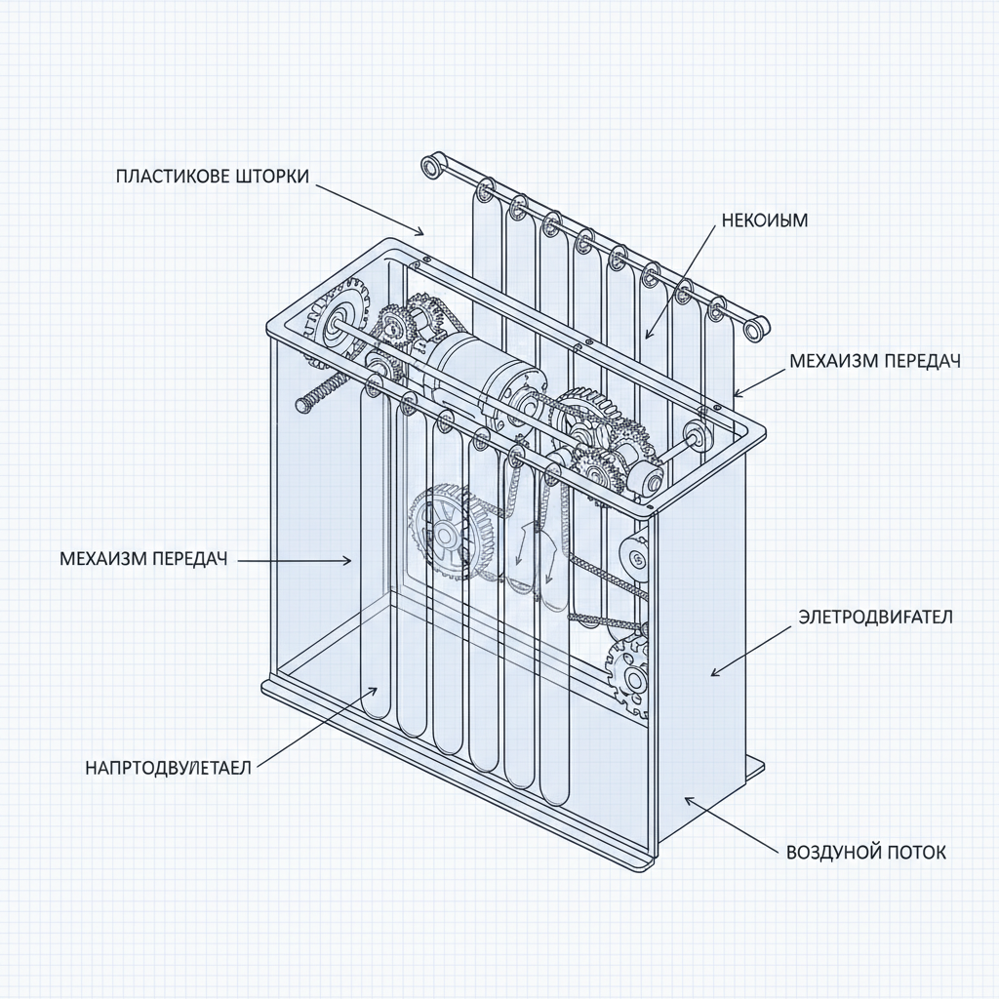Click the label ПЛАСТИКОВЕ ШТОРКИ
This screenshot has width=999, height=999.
pos(212,177)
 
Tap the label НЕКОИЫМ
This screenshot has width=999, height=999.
pos(765,220)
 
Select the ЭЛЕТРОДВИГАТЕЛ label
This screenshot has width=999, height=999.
pos(875,617)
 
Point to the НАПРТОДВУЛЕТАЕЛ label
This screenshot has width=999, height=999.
pos(168,768)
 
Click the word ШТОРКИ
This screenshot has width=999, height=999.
pos(272,177)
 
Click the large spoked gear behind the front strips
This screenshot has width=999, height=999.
pos(447,535)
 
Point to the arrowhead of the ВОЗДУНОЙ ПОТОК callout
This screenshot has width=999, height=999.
pos(686,798)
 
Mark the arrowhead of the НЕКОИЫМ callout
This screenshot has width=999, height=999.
pos(646,337)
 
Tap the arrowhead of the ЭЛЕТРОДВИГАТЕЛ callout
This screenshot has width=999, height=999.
pos(712,674)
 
